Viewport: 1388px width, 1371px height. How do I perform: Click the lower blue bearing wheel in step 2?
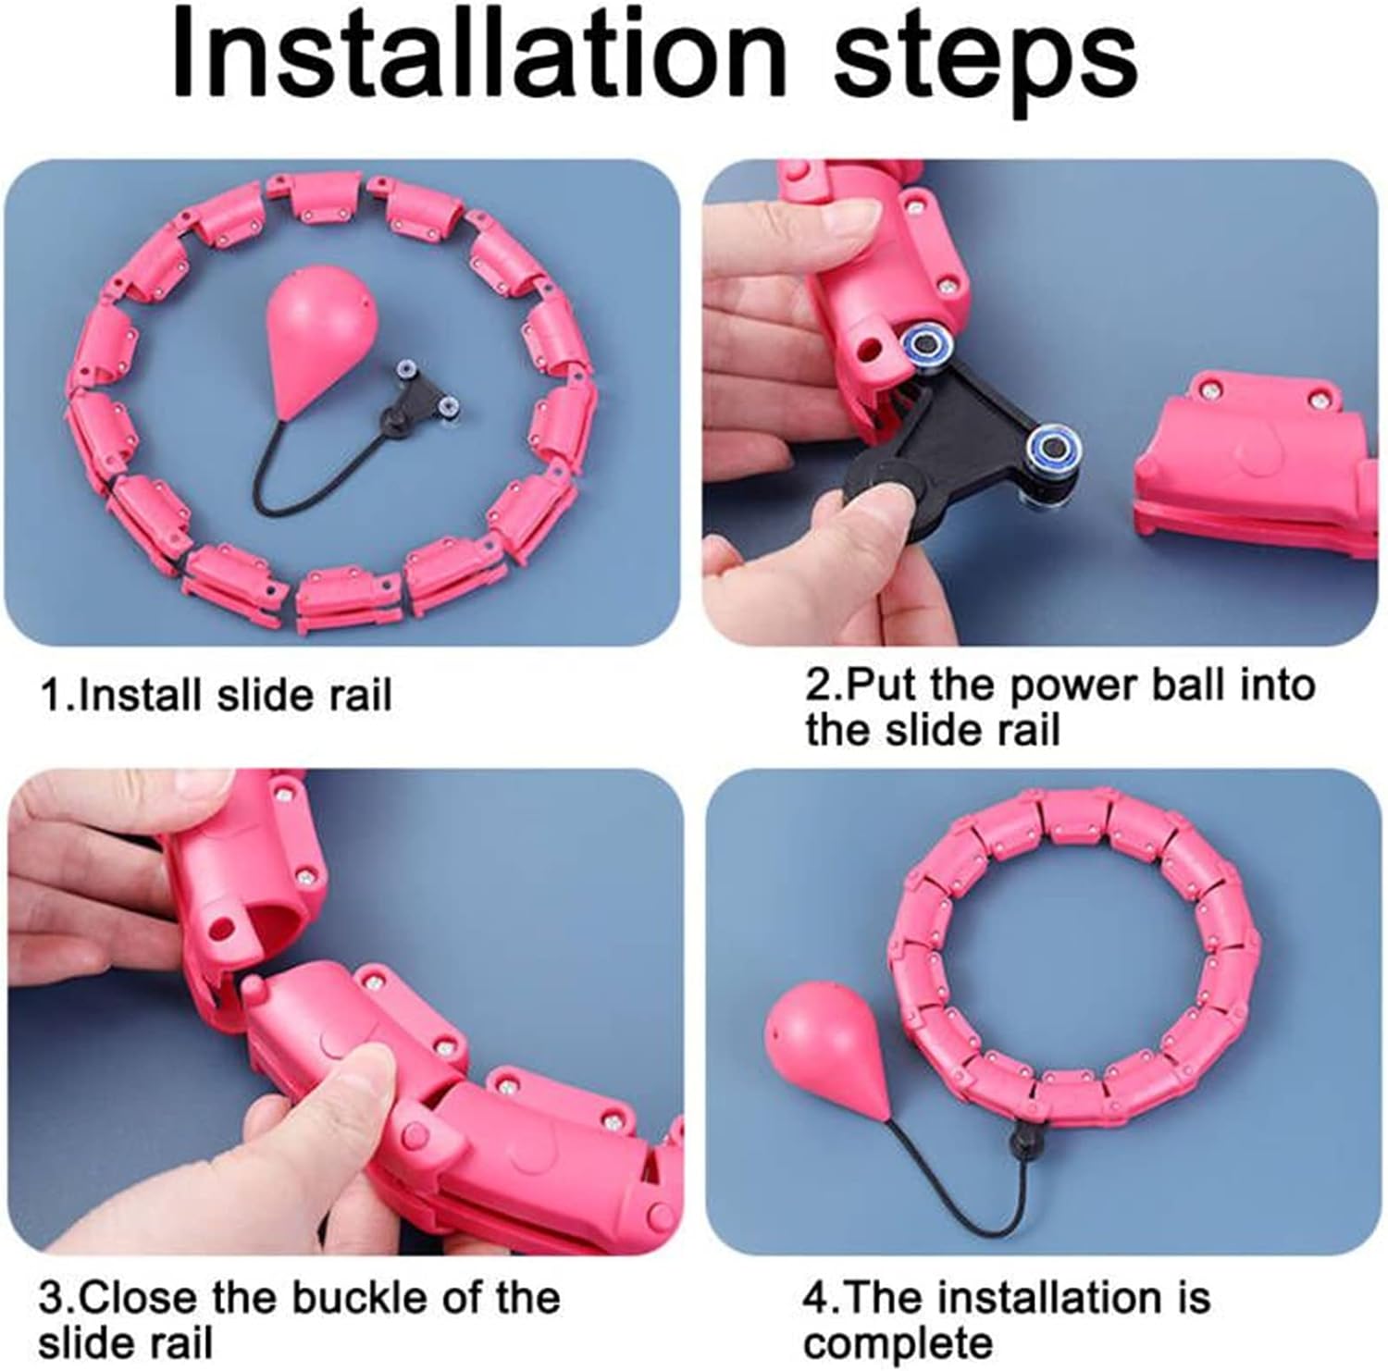pos(1052,443)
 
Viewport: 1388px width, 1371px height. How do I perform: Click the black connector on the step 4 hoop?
pos(1023,1134)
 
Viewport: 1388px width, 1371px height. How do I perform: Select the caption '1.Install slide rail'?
pos(216,695)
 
